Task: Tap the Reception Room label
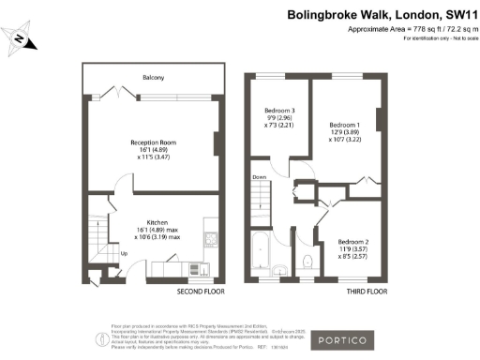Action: click(153, 143)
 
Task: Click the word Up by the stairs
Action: click(124, 252)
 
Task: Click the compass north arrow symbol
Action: click(22, 38)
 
